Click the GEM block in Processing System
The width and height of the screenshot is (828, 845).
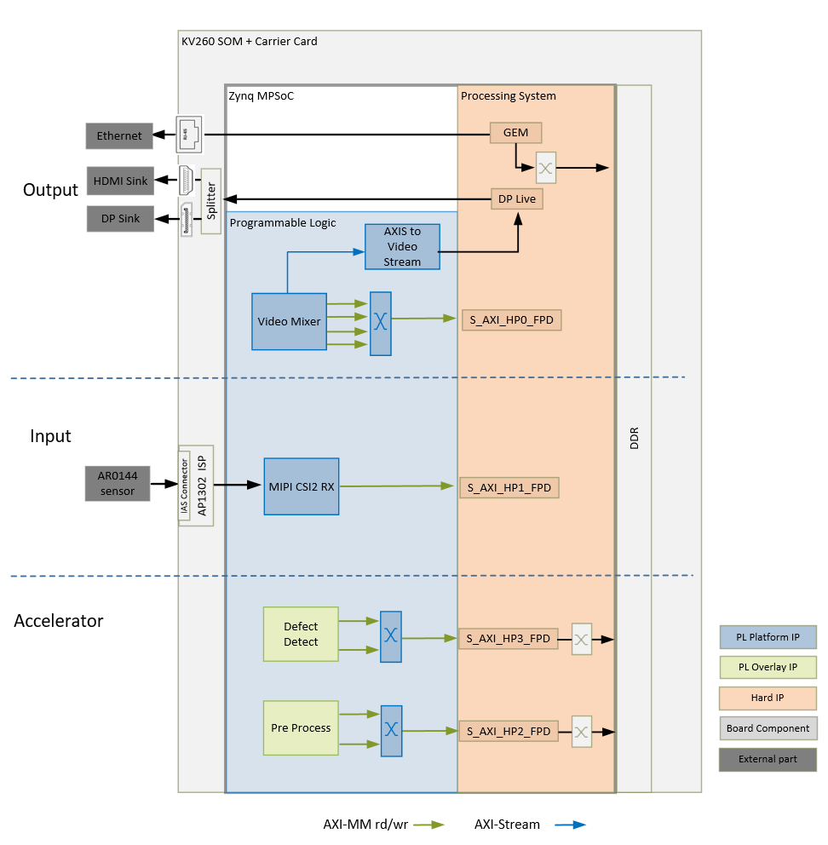[515, 133]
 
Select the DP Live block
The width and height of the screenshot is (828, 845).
[516, 198]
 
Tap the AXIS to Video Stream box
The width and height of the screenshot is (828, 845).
[402, 247]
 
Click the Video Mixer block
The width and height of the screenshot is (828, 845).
[289, 321]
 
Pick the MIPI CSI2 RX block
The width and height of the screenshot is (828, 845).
[301, 486]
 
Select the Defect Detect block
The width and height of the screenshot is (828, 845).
[301, 635]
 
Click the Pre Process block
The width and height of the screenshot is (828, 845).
[301, 728]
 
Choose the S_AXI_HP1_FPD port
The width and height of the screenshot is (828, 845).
[509, 488]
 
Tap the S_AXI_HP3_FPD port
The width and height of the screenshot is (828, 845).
[509, 638]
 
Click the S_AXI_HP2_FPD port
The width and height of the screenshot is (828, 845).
[509, 731]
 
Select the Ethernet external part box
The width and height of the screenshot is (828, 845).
[119, 135]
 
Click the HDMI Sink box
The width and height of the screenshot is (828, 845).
[119, 181]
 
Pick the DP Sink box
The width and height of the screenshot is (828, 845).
[119, 219]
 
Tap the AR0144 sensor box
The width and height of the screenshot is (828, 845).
[118, 484]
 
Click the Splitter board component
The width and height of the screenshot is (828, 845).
[211, 202]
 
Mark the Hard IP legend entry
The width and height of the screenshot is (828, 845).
[768, 698]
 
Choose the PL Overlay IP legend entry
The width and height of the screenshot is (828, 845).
[768, 667]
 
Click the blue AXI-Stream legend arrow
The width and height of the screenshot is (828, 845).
[569, 825]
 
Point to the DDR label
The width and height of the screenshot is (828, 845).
[634, 438]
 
